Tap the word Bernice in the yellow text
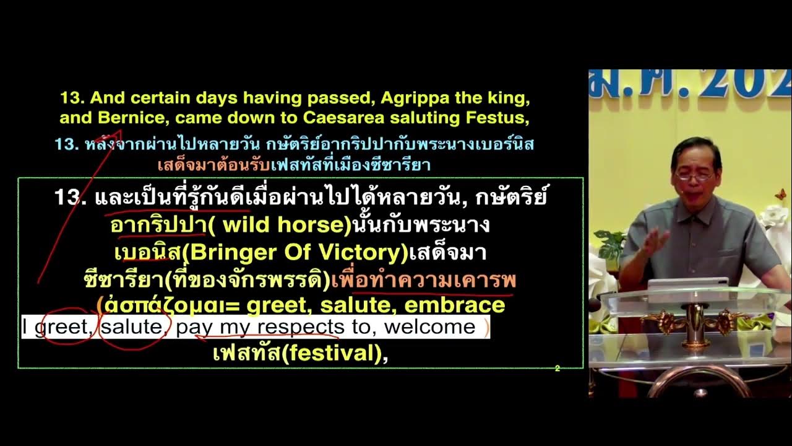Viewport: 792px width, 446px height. tap(118, 117)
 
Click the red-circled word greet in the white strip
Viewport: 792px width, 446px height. tap(62, 326)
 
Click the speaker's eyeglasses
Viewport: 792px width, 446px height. tap(694, 176)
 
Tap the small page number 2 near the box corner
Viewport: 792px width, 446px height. tap(557, 369)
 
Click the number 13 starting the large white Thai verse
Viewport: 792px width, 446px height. tap(69, 197)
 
